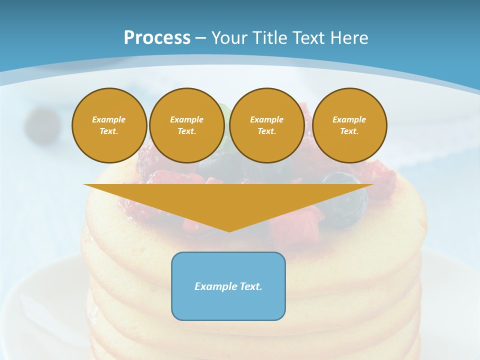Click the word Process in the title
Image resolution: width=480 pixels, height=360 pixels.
[157, 38]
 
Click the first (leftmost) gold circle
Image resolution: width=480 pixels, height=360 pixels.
[109, 125]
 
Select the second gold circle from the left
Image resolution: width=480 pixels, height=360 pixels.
[187, 125]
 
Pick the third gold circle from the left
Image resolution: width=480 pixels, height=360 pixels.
[266, 125]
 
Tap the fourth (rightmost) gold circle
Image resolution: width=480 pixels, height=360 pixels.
[349, 125]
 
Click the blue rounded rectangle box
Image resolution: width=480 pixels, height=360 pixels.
[228, 286]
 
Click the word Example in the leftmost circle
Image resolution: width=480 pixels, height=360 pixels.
[109, 119]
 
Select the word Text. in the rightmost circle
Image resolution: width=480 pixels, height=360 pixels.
[349, 131]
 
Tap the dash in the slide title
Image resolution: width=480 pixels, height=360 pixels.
[200, 38]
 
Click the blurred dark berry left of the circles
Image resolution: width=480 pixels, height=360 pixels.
[42, 125]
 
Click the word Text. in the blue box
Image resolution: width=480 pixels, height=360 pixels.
[250, 286]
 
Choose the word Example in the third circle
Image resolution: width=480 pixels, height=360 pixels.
[266, 119]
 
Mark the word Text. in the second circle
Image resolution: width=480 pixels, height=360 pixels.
[187, 131]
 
